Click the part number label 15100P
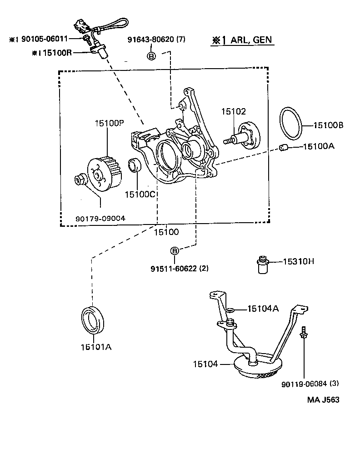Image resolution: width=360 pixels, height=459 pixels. (110, 123)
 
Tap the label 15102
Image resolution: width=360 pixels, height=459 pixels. (233, 111)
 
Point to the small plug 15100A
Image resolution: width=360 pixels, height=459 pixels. (284, 148)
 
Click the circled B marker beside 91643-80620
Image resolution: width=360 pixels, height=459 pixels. (152, 55)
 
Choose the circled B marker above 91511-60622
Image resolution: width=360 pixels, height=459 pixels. (175, 251)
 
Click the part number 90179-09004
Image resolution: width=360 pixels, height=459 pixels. (100, 219)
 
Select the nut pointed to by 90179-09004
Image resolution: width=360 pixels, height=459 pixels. (79, 179)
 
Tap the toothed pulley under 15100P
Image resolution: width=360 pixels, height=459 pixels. (105, 175)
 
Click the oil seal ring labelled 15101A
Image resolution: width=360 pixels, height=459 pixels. (92, 319)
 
